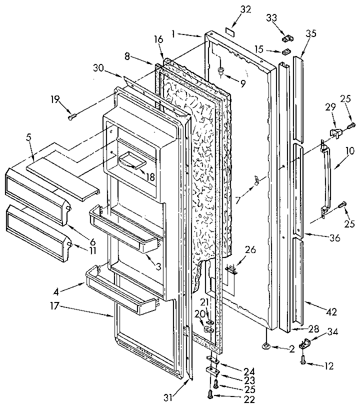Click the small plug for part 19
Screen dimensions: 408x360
72,117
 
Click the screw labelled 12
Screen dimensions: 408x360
303,357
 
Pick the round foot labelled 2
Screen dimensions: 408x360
265,345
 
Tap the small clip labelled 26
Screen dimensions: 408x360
231,269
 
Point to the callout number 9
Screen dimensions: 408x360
242,84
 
